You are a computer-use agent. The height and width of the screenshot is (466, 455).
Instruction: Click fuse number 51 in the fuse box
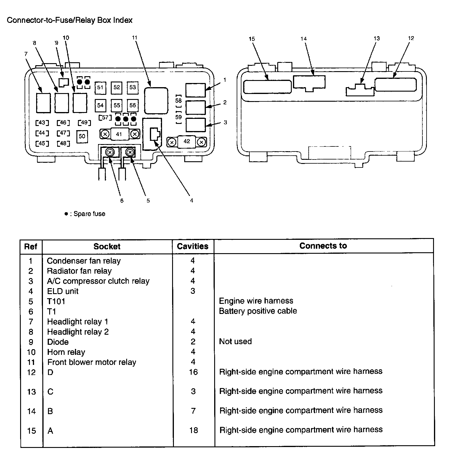(x=100, y=87)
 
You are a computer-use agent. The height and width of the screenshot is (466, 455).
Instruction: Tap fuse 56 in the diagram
(x=132, y=105)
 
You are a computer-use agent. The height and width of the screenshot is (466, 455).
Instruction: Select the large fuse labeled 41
(x=119, y=134)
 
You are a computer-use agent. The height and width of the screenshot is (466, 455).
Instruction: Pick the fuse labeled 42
(x=187, y=141)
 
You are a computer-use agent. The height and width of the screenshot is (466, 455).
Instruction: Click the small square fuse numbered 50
(x=82, y=136)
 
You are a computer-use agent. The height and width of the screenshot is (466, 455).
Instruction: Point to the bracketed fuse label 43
(x=42, y=123)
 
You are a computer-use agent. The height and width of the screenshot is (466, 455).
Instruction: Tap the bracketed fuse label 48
(x=63, y=143)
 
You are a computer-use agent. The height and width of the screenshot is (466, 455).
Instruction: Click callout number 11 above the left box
(x=135, y=38)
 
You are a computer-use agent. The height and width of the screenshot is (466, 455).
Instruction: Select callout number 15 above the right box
(x=252, y=39)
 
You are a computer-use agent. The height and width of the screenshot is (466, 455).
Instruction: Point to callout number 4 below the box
(x=192, y=201)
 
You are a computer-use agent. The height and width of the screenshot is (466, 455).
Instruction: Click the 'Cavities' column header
(x=193, y=246)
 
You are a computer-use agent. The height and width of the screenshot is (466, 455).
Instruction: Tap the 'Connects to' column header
(x=323, y=246)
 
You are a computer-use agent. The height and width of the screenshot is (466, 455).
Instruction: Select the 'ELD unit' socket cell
(x=63, y=291)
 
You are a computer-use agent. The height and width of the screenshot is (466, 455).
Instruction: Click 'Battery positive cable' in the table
(x=258, y=311)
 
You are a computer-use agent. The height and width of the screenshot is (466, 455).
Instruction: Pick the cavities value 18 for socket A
(x=193, y=430)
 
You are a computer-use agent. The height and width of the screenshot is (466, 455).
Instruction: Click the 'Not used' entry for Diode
(x=235, y=341)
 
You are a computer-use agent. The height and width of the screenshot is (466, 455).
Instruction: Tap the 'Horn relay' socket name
(x=66, y=352)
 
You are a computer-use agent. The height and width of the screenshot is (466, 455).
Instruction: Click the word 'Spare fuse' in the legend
(x=89, y=214)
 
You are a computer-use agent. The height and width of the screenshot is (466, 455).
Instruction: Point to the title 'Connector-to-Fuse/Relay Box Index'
(x=70, y=20)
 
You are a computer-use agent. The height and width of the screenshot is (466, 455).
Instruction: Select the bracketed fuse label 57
(x=105, y=118)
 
